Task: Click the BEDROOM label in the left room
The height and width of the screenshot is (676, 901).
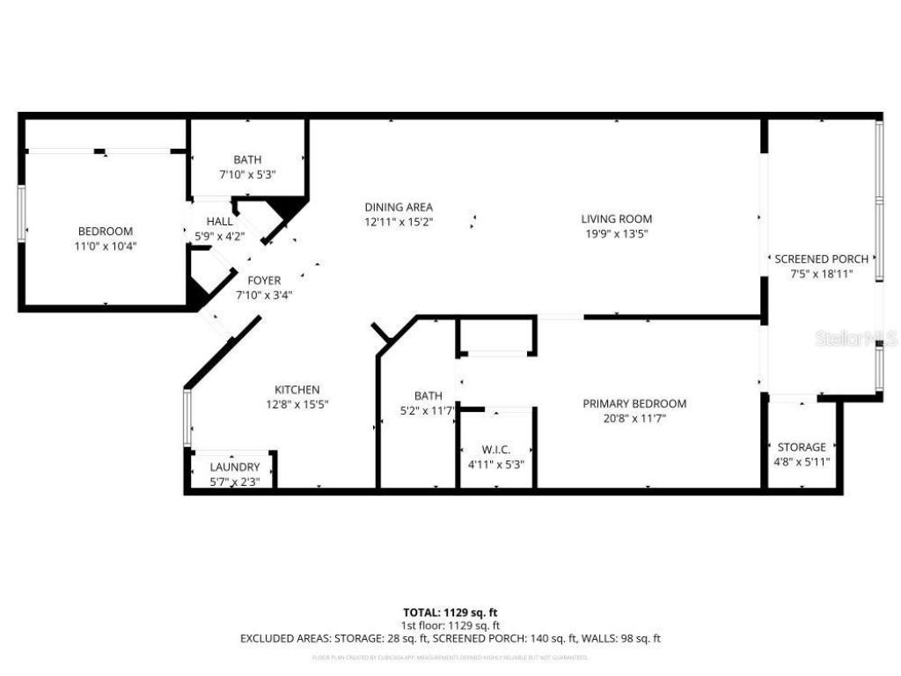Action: click(106, 231)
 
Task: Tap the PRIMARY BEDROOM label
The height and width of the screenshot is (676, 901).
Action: click(634, 404)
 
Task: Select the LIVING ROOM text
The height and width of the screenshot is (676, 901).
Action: click(616, 219)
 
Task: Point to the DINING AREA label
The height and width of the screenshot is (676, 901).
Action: click(399, 208)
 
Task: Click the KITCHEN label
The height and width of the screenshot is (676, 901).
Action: click(297, 390)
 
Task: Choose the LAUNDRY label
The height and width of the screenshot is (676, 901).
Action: click(235, 467)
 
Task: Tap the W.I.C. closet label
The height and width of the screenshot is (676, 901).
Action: click(496, 450)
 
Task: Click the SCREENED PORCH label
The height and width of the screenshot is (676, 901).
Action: click(821, 259)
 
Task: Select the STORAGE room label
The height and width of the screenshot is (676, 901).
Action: click(802, 447)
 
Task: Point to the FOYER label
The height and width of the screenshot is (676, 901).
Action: click(264, 281)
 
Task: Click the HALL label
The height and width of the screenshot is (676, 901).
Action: click(220, 221)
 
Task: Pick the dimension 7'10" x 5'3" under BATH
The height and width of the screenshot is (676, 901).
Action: click(247, 174)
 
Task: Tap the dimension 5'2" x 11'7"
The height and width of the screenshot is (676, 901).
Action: click(428, 411)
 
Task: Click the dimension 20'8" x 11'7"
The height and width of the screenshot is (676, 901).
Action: click(634, 418)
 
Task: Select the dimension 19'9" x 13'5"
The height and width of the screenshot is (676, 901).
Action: click(616, 233)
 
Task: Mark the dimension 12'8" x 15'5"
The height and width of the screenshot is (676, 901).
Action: click(297, 404)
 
